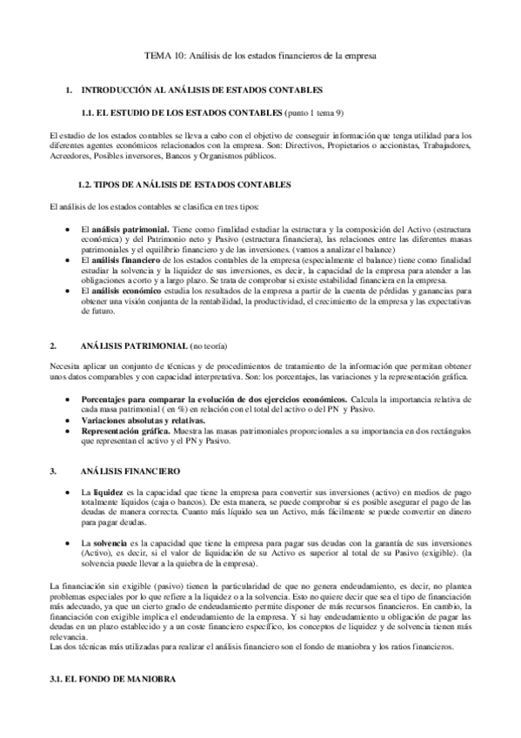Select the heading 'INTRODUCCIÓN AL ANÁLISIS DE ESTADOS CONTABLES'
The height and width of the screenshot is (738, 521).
(x=202, y=91)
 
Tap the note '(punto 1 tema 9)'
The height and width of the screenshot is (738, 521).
(x=314, y=112)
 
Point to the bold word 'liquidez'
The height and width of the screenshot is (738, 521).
(x=108, y=493)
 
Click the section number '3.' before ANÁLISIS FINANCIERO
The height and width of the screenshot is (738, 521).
(x=54, y=471)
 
